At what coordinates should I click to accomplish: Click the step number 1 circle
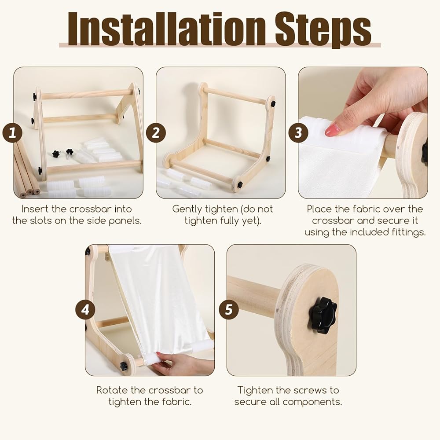point(12,133)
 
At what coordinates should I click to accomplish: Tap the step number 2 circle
point(156,133)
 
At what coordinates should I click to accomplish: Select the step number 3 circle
point(298,133)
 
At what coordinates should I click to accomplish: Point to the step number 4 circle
point(85,310)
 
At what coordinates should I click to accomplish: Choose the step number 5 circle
point(229,310)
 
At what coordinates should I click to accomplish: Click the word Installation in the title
point(167,29)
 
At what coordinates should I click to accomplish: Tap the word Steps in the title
point(323,31)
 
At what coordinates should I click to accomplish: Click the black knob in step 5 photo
point(323,315)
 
